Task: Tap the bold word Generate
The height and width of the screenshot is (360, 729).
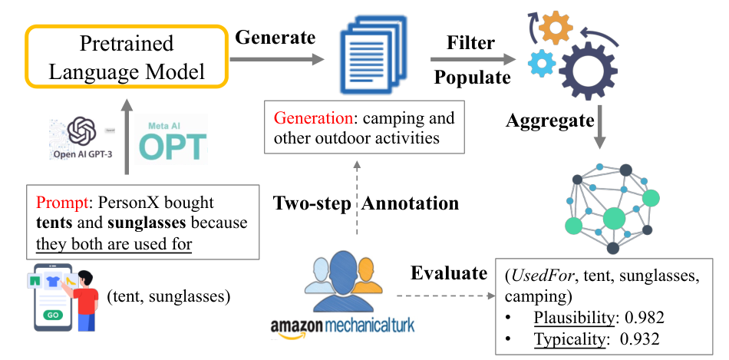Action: tap(275, 37)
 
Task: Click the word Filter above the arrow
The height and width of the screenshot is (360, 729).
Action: tap(470, 43)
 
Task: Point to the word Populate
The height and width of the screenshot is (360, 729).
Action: tap(472, 78)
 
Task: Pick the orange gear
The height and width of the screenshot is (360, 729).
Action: tap(556, 28)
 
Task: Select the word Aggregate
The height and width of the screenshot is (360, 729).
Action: tap(550, 121)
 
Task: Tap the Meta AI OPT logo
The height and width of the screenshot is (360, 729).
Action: tap(170, 139)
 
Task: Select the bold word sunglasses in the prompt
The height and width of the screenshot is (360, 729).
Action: tap(147, 223)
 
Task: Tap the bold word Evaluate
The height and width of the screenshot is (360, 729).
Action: tap(449, 273)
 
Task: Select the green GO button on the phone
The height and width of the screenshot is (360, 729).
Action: tap(52, 315)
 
